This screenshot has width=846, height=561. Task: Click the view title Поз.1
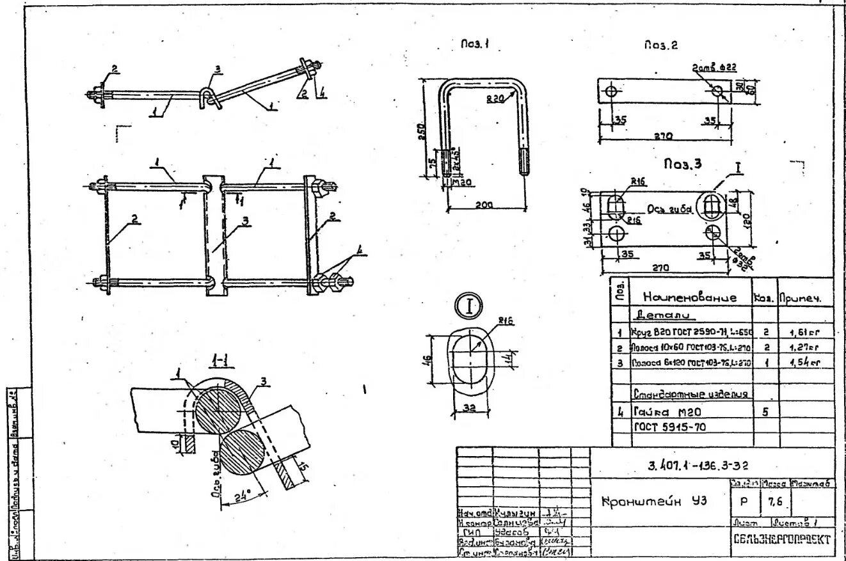point(475,45)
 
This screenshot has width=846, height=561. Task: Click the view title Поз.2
point(660,45)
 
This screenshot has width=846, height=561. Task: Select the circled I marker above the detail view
point(468,306)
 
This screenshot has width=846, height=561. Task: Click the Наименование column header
point(690,297)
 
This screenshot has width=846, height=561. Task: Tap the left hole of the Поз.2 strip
point(611,91)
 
